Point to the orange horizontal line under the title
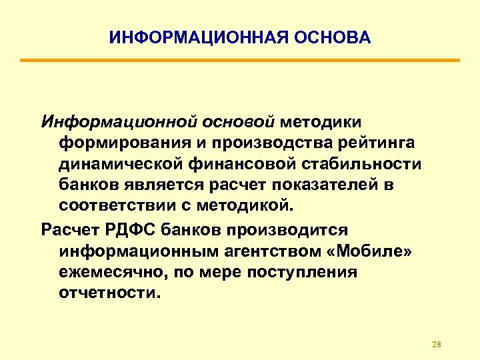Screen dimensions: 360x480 point(240,61)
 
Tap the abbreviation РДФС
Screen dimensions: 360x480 point(127,230)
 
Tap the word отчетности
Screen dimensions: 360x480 point(109,293)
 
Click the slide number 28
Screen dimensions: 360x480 point(437,344)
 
